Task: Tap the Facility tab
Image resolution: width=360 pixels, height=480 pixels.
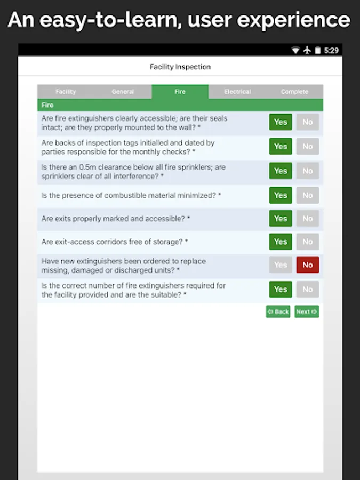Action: [66, 92]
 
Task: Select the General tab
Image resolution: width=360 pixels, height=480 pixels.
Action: [123, 92]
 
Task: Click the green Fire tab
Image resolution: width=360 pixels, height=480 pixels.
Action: [180, 92]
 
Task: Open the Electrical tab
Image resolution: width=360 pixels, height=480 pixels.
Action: [237, 92]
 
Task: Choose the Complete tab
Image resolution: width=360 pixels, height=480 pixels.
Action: [294, 92]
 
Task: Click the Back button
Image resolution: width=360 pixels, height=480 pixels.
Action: [278, 311]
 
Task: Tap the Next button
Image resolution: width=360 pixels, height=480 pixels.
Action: [307, 311]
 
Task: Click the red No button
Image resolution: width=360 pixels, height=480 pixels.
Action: [308, 265]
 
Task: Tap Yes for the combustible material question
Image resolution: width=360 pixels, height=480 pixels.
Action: [281, 195]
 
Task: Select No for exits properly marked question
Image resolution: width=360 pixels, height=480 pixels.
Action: [308, 218]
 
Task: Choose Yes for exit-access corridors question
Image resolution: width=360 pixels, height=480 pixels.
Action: [281, 242]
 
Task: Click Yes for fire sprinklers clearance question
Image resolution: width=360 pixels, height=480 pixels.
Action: [281, 171]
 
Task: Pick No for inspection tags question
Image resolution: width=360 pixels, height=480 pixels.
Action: [308, 147]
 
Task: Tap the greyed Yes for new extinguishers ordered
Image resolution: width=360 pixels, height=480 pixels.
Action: [281, 265]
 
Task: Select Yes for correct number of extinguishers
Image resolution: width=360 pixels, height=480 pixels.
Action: [281, 289]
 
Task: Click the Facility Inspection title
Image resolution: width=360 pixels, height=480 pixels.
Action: [180, 67]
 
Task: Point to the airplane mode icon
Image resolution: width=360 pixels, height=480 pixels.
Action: [307, 50]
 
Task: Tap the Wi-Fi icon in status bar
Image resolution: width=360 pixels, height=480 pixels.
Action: [295, 50]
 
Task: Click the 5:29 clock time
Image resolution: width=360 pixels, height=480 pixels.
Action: [331, 50]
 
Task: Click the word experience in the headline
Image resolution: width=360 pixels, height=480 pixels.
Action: [293, 20]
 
